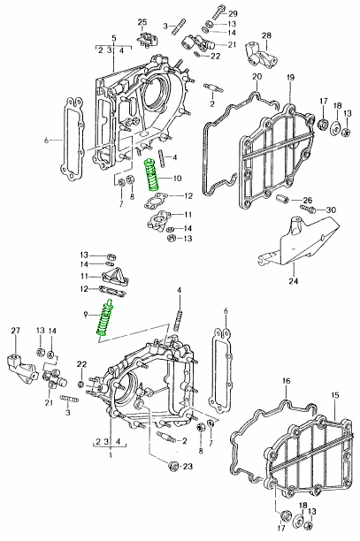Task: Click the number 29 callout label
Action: (x=233, y=13)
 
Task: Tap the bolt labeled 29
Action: (x=217, y=11)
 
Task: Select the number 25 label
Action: (x=142, y=22)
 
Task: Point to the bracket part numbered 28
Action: (x=262, y=55)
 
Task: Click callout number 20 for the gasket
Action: (x=257, y=76)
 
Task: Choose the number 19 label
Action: (x=290, y=77)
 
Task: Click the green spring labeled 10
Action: (x=152, y=174)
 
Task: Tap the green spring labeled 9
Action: (x=104, y=317)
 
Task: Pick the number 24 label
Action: (x=293, y=281)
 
